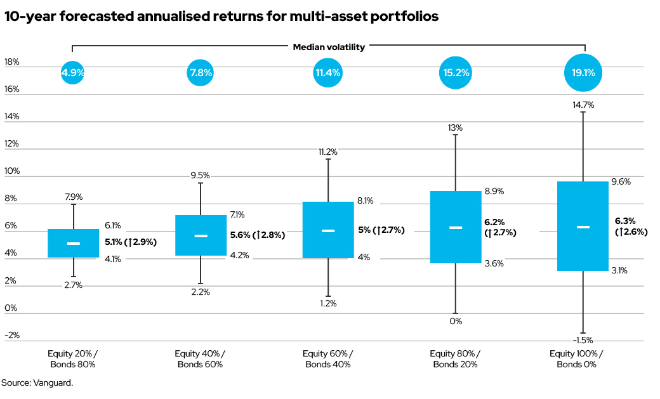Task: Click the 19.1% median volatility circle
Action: coord(583,73)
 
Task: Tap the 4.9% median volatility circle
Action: coord(73,73)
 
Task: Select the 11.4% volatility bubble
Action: coord(327,73)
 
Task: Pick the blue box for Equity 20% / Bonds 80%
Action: coord(73,243)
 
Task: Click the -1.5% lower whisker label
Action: coord(582,339)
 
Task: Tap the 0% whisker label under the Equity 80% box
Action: coord(455,321)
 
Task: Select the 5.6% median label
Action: coord(257,235)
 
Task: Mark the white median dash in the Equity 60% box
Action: coord(327,231)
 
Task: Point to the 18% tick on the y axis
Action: coord(11,62)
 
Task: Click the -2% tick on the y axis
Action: coord(11,336)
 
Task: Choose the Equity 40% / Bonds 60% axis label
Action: coord(200,358)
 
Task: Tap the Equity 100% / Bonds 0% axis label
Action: coord(582,358)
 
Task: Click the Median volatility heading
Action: coord(329,47)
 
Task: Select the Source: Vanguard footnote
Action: coord(37,383)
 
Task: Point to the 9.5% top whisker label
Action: coord(200,176)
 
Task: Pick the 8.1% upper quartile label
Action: coord(365,201)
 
